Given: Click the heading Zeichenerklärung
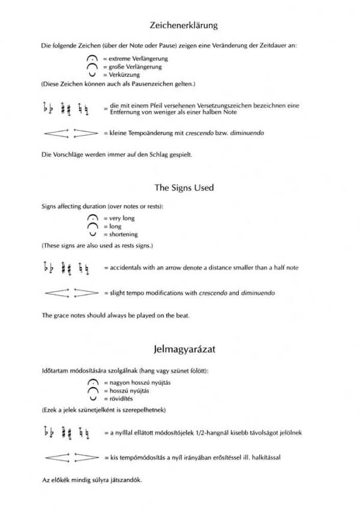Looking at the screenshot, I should coord(184,25).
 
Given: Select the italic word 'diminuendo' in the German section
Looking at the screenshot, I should coord(249,133).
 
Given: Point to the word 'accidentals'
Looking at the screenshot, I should coord(124,268).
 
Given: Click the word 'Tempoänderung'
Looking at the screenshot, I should coord(144,133).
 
